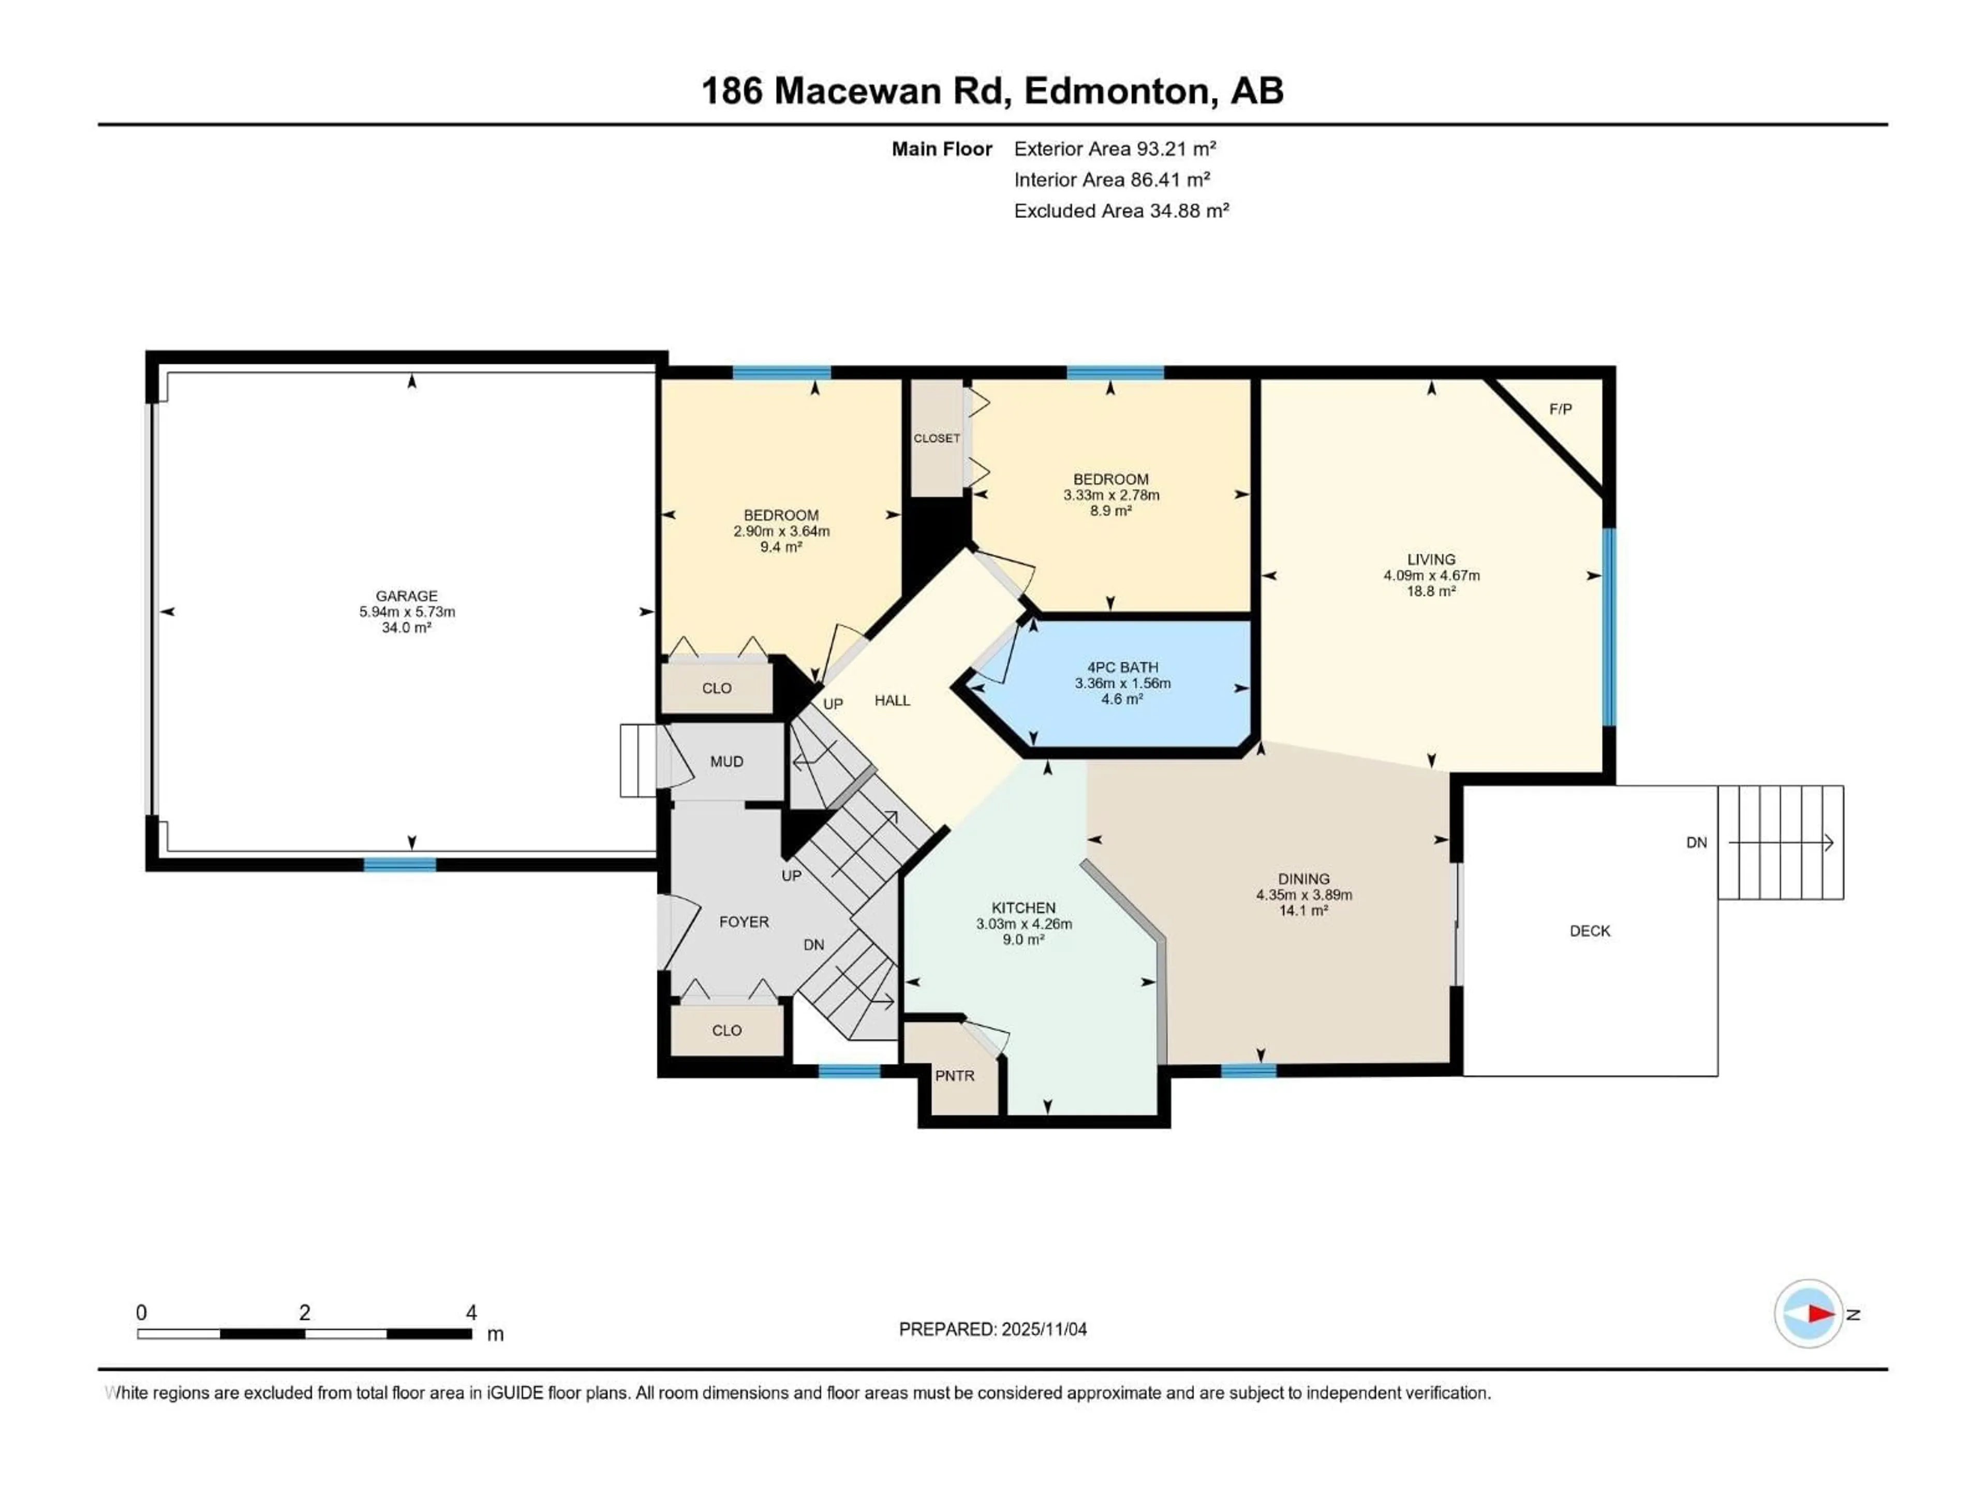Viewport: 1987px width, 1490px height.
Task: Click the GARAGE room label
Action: (x=406, y=595)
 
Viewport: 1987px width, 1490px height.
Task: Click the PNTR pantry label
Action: (x=954, y=1076)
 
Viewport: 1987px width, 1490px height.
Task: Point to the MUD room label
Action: (x=726, y=762)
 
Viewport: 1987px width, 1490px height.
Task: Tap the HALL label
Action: (x=892, y=701)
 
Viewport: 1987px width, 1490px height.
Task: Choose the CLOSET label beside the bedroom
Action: (x=936, y=438)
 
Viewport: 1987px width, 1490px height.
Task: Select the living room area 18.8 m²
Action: (x=1431, y=591)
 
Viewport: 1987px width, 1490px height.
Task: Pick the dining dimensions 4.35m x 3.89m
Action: (x=1303, y=895)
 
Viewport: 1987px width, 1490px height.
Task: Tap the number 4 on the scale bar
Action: (x=471, y=1312)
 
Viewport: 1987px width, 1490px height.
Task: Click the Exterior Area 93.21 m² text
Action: (x=1114, y=149)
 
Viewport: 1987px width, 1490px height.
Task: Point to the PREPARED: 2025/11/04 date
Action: (x=992, y=1329)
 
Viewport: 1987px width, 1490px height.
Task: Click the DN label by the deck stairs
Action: (x=1696, y=842)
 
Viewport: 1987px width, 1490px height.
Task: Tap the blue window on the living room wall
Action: (x=1609, y=626)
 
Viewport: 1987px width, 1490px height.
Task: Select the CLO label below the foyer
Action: (x=726, y=1030)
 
